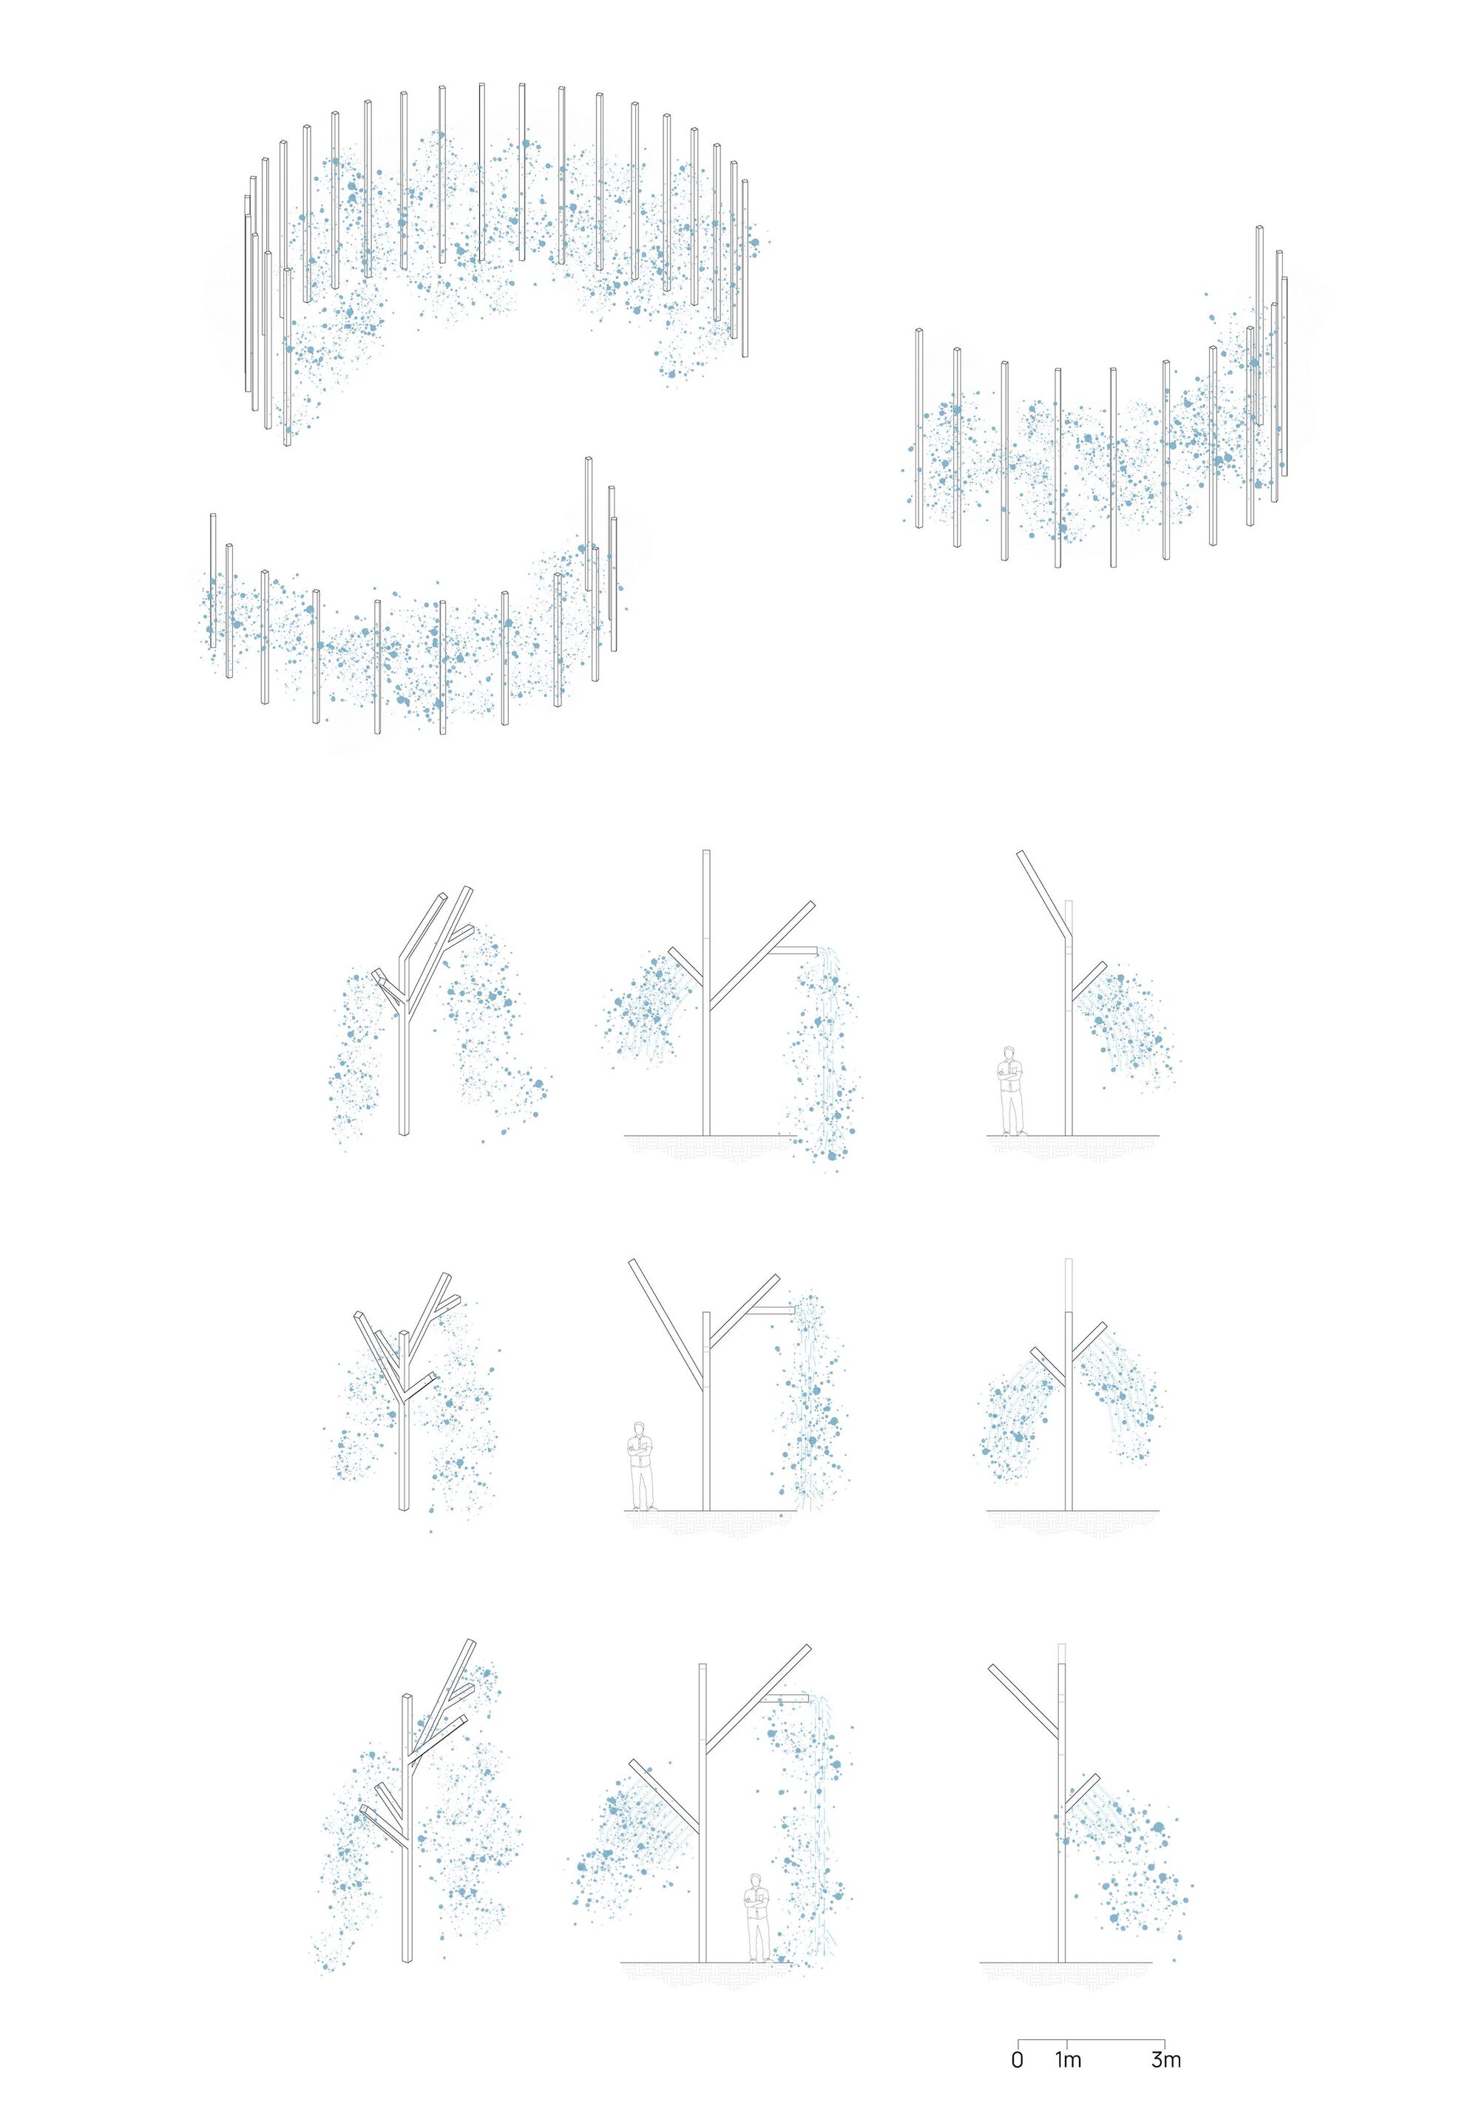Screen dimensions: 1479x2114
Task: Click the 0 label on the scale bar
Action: (1017, 2060)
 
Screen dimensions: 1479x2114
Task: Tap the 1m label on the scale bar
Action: (1069, 2060)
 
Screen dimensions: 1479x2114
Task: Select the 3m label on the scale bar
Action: (1166, 2060)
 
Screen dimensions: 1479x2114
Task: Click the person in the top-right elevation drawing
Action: (1011, 1090)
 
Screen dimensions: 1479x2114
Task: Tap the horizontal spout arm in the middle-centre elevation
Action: (776, 1309)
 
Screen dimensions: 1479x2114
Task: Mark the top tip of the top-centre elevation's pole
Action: (706, 851)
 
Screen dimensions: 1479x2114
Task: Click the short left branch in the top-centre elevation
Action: (687, 963)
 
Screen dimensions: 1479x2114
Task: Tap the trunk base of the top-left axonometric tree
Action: (403, 1132)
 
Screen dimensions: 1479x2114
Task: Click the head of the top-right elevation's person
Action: (1011, 1053)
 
